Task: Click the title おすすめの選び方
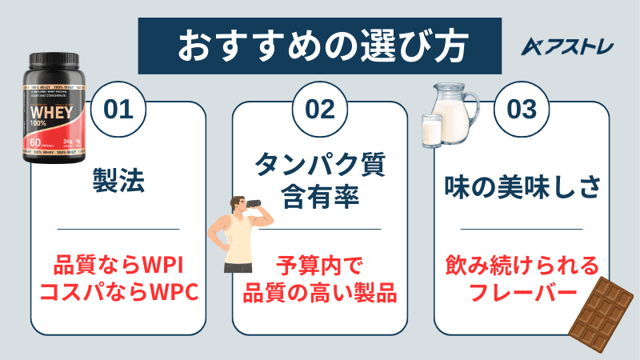click(x=320, y=43)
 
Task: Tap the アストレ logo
click(x=567, y=46)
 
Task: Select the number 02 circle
click(x=319, y=110)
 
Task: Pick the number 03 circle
click(x=521, y=110)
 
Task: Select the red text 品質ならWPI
click(x=118, y=264)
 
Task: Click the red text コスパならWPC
click(x=118, y=293)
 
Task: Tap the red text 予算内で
click(x=320, y=264)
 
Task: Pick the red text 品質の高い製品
click(x=320, y=293)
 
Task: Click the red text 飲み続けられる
click(x=521, y=264)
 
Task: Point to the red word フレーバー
click(x=521, y=293)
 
